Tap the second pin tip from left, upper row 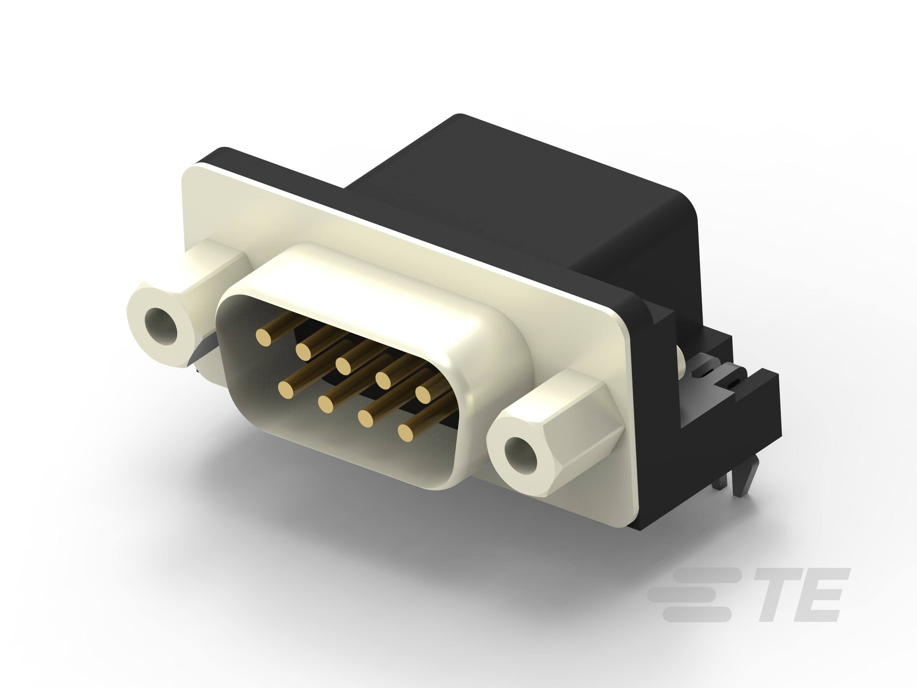(x=303, y=352)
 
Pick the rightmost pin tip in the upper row (x=424, y=394)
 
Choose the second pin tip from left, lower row (x=326, y=403)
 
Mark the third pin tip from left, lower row (x=366, y=418)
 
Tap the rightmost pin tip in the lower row (x=407, y=432)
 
